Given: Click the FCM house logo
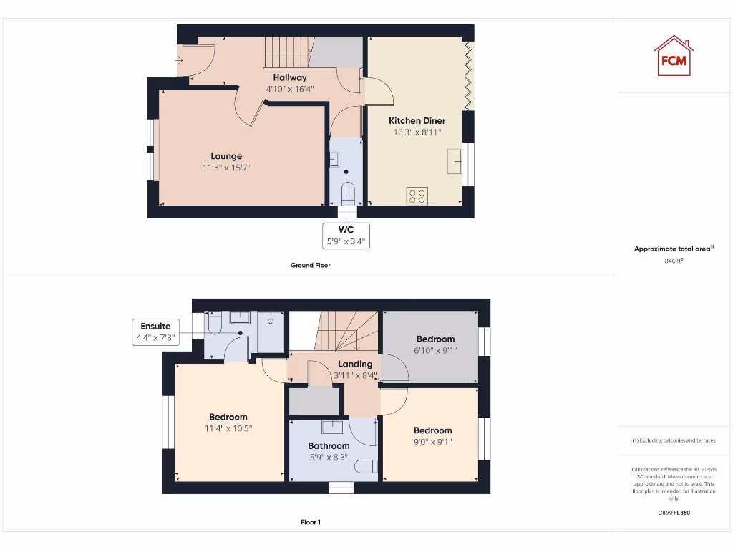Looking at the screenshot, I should [x=673, y=56].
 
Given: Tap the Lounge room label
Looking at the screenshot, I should [x=226, y=156].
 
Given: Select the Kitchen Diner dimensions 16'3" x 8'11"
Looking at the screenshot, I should [x=417, y=132].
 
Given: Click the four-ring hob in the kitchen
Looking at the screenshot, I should [x=417, y=196].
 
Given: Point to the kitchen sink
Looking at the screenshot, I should [x=454, y=160].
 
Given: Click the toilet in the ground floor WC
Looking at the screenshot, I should [x=347, y=193].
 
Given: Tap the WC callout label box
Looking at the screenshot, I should [x=346, y=236].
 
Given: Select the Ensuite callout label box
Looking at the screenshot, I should [x=155, y=332].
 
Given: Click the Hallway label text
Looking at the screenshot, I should [x=290, y=77].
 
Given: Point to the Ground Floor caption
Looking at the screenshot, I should [x=310, y=265].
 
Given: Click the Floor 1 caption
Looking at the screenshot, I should [x=310, y=522].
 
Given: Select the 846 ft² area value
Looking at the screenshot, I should [x=674, y=261].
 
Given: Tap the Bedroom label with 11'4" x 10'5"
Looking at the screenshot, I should [x=228, y=417].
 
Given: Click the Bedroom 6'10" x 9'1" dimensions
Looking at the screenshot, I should [x=435, y=351].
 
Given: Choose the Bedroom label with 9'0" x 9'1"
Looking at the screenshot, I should [x=432, y=430].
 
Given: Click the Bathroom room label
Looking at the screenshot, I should [x=329, y=445].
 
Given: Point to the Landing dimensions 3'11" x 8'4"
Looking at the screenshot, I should [x=355, y=375].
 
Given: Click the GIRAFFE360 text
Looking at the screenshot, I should [x=674, y=513].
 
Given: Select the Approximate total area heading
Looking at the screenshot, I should [x=673, y=249].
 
